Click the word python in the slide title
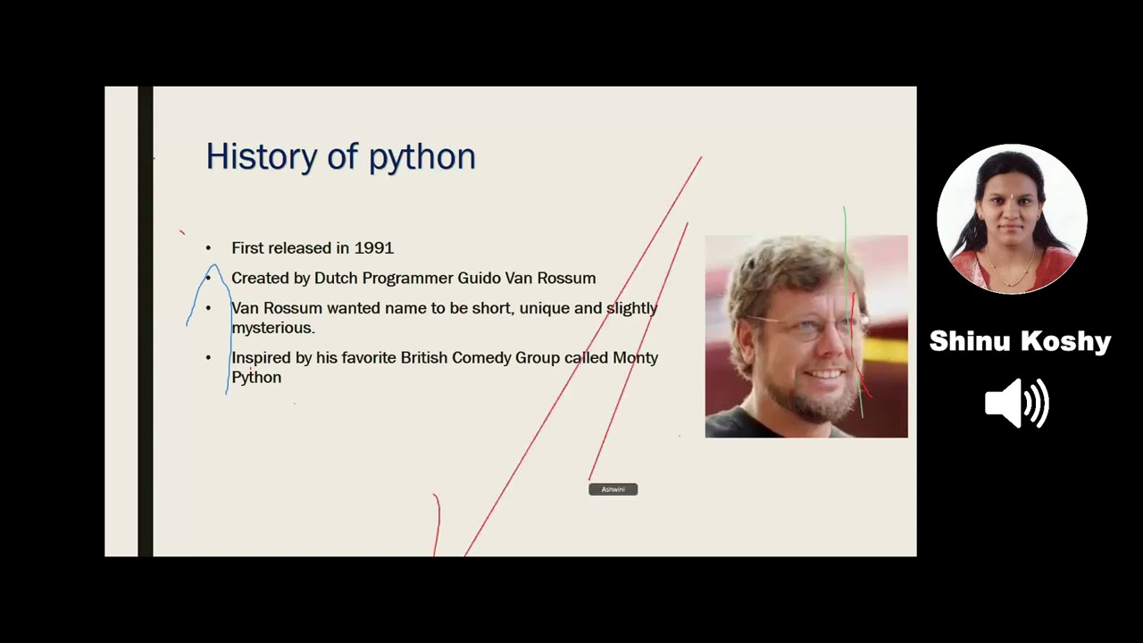421,158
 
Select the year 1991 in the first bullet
373,248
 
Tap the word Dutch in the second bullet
332,279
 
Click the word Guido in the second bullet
480,279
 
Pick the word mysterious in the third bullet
272,328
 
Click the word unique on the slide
544,308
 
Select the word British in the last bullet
424,357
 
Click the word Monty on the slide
635,357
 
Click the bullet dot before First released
208,248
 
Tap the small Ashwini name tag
613,489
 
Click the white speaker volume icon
1016,404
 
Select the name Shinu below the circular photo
968,341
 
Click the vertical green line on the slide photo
845,268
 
